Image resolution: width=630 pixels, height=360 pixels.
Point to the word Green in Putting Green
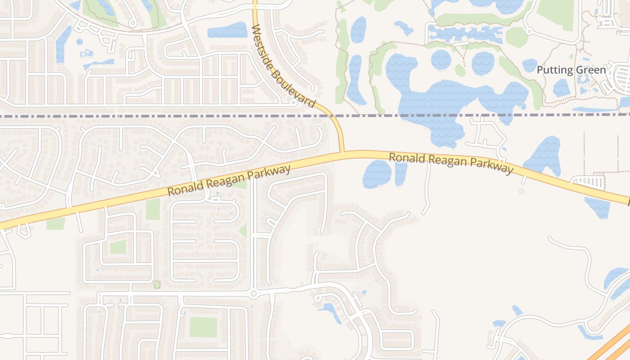tap(590, 70)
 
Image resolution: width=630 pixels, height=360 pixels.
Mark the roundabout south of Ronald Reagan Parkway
tap(253, 294)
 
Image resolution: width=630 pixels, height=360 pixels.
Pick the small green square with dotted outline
tap(157, 285)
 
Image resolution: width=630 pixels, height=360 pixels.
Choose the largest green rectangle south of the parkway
tap(203, 327)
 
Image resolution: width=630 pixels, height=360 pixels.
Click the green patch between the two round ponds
tap(460, 70)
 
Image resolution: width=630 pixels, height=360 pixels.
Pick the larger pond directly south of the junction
tap(377, 174)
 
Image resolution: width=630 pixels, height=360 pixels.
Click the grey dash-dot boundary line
tap(135, 116)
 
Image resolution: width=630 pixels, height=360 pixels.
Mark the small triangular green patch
tap(243, 230)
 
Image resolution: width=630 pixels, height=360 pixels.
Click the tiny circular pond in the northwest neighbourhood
tap(80, 42)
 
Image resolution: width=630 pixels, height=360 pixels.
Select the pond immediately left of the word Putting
tap(530, 65)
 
